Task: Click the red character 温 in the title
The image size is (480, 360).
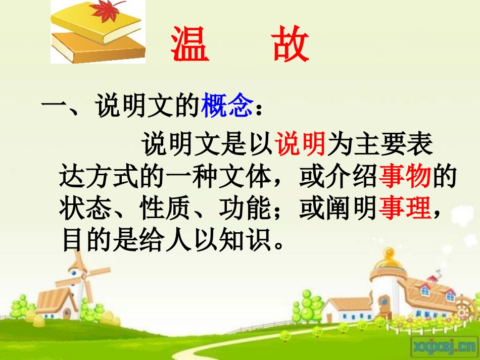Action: (x=190, y=45)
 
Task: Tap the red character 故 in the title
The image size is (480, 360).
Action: (x=289, y=45)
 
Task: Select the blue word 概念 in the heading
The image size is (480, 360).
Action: (x=227, y=107)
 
